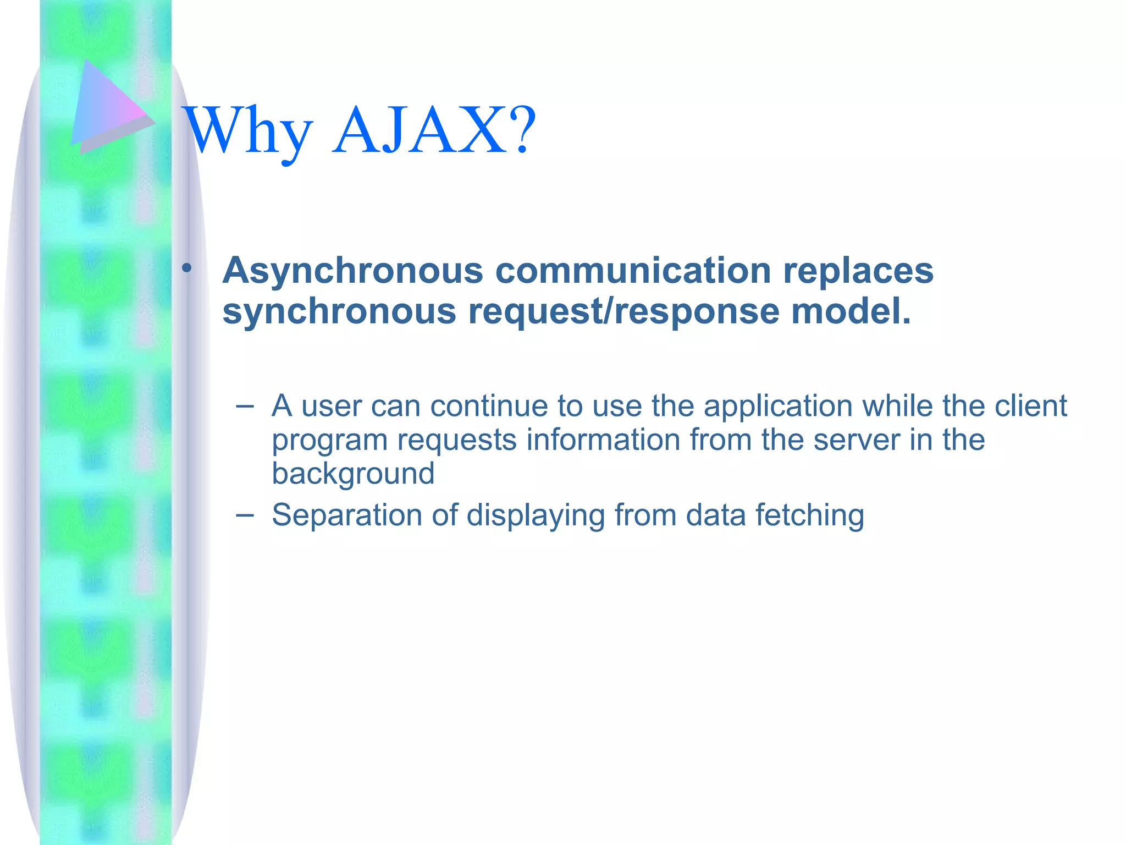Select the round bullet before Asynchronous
point(187,269)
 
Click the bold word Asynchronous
point(352,271)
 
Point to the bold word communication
point(633,271)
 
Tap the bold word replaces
point(858,271)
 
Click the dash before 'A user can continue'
point(244,407)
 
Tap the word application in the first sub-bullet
point(778,407)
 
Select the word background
point(353,474)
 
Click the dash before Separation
point(244,515)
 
